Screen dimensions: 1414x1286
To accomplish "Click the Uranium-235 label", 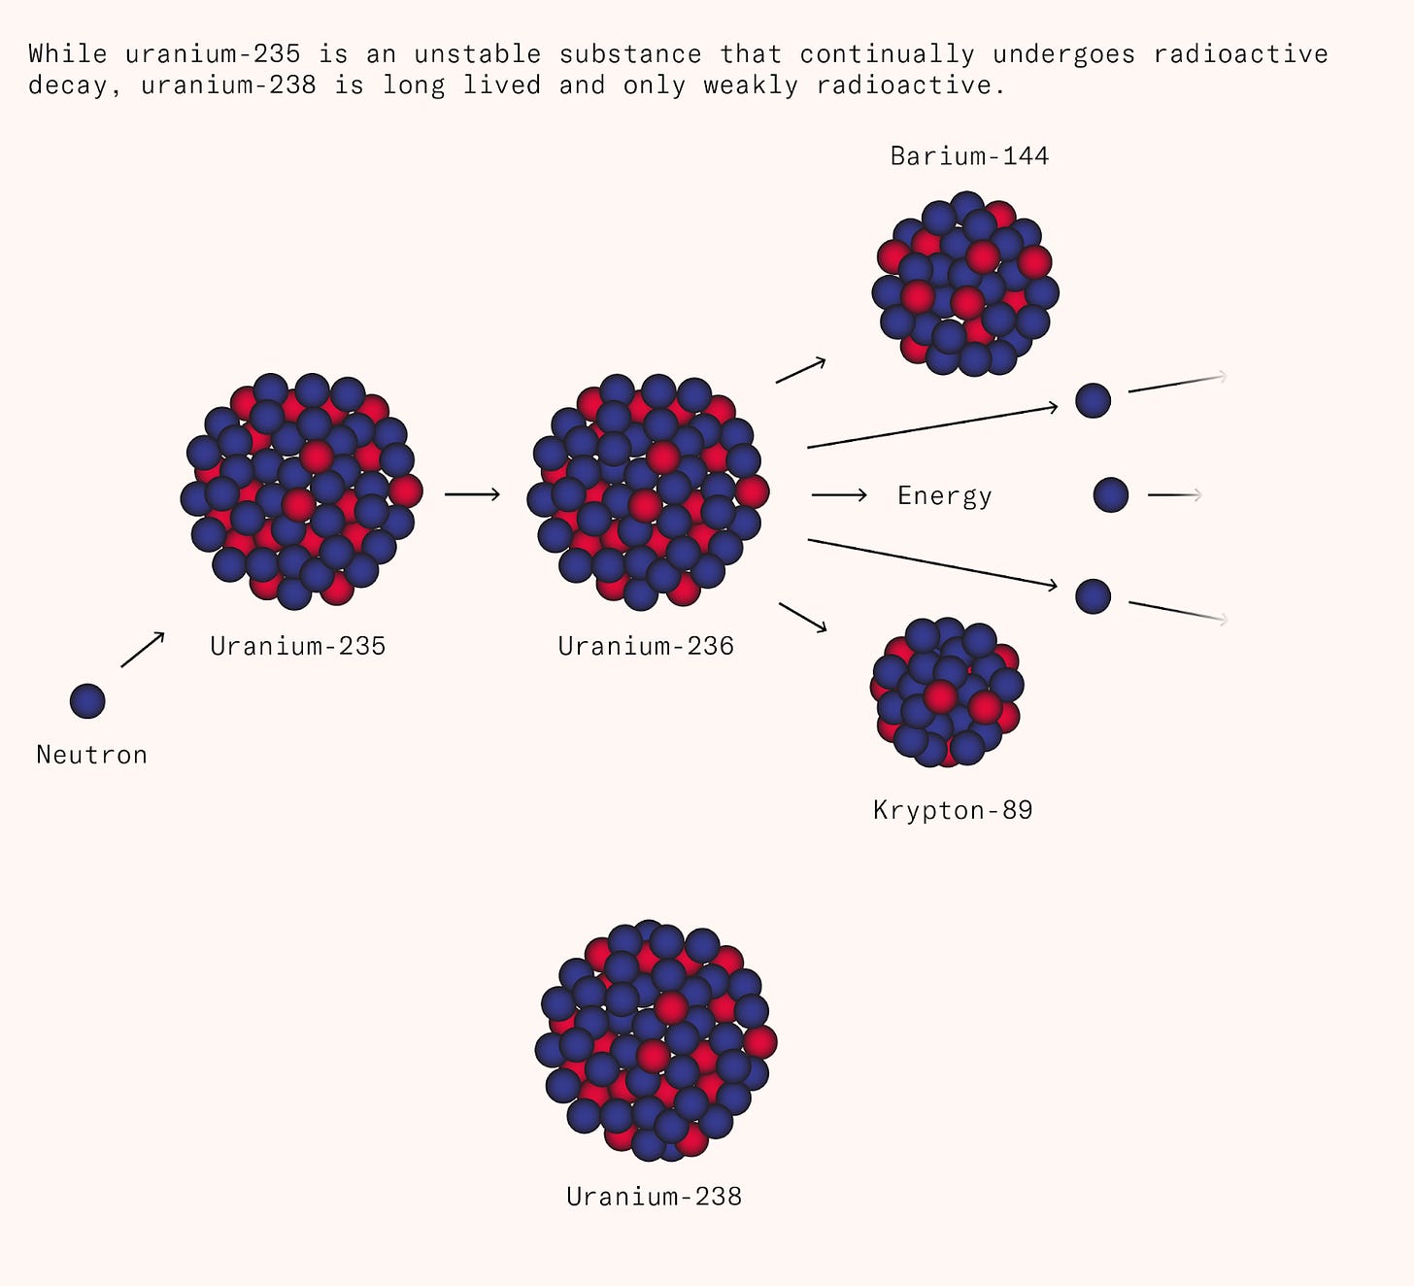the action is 298,646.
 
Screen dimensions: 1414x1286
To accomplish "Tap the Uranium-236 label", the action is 646,646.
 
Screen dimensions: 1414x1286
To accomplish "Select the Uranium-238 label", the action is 654,1196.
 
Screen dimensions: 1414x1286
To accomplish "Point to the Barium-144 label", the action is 969,156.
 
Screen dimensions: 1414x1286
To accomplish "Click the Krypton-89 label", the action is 953,810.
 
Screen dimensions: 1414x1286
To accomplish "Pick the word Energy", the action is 944,496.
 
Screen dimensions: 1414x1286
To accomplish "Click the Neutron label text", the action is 91,755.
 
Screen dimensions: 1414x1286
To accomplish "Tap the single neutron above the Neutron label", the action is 87,701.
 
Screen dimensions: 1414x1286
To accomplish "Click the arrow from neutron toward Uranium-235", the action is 143,650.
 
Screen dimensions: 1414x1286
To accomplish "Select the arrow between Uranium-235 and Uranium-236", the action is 472,494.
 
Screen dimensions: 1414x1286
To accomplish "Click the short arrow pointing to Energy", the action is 839,495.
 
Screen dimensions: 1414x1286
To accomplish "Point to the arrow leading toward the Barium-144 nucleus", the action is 801,370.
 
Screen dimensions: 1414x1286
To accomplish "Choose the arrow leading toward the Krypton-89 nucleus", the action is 803,618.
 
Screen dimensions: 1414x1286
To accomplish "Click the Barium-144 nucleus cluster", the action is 965,284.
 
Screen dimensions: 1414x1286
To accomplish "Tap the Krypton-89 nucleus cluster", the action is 947,693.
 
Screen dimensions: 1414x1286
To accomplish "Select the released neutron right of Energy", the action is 1111,495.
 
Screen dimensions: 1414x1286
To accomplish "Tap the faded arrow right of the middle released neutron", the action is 1175,495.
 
